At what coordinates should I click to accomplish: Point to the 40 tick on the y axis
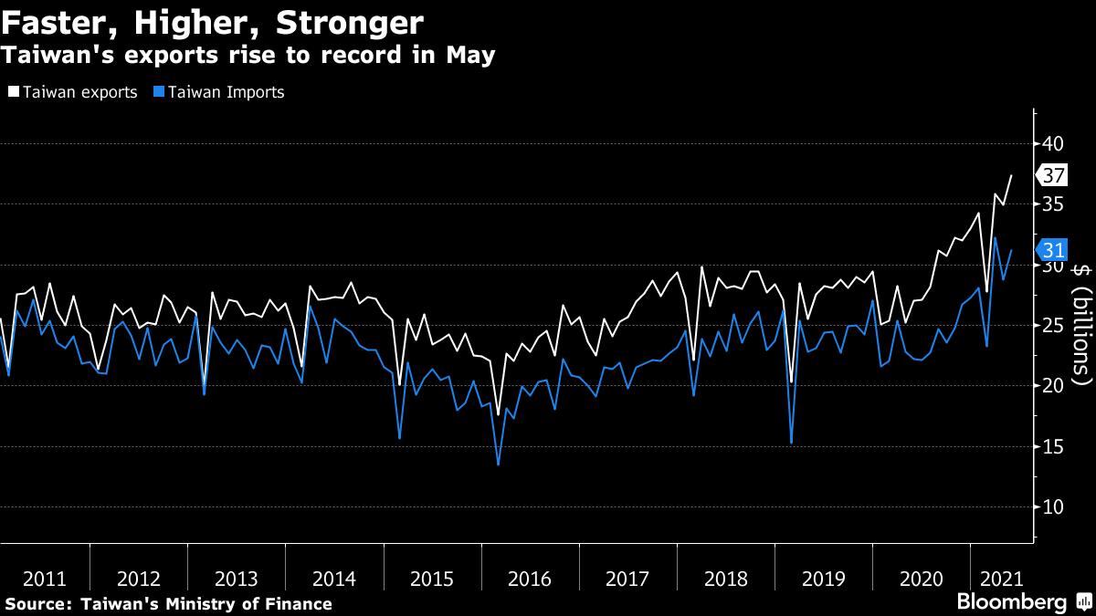point(1053,143)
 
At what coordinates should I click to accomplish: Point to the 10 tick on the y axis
point(1053,506)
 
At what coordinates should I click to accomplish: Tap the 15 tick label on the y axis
point(1053,446)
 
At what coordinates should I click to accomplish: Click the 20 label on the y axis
point(1053,385)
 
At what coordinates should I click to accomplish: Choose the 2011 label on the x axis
point(44,579)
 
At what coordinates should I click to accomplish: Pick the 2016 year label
point(531,579)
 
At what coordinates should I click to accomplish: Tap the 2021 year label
point(1002,579)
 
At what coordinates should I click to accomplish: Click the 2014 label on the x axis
point(334,579)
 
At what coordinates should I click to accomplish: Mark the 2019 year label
point(823,579)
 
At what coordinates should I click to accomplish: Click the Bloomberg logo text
point(1011,602)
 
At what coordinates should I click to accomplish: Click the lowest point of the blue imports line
point(498,465)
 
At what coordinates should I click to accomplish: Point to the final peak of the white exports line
point(1011,175)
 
